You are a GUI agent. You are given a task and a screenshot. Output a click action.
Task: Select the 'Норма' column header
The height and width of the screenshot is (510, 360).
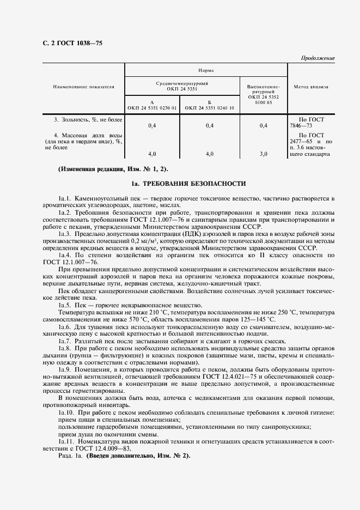point(205,70)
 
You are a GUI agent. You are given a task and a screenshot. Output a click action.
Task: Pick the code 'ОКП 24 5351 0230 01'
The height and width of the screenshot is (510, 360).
point(152,108)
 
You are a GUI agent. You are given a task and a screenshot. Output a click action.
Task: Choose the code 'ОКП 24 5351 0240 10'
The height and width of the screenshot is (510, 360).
point(209,108)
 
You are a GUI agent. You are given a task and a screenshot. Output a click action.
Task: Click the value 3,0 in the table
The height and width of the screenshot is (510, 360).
point(263,154)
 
